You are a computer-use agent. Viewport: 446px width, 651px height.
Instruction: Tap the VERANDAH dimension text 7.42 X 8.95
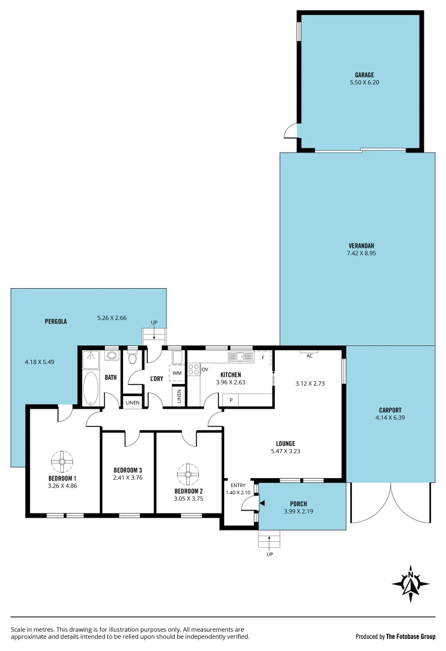(361, 253)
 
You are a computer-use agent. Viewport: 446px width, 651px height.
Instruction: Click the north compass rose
(410, 583)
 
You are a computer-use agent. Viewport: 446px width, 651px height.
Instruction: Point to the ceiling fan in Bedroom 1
(61, 462)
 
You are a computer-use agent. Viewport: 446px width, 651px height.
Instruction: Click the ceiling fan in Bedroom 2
(188, 474)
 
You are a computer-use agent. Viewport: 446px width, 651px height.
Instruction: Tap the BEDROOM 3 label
(128, 470)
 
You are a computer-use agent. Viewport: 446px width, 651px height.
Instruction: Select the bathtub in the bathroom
(91, 388)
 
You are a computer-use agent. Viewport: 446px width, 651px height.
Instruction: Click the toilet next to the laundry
(133, 359)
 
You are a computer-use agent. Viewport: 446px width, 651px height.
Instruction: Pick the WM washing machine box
(177, 373)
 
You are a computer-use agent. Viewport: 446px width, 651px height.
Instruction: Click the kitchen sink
(240, 357)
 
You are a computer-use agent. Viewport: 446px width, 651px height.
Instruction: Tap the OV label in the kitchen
(205, 369)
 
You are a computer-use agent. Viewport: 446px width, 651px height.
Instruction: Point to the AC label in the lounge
(310, 356)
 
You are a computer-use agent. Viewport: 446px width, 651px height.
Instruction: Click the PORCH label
(298, 504)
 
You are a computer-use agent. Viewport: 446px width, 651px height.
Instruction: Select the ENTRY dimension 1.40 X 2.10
(239, 492)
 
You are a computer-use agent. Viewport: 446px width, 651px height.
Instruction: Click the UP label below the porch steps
(269, 554)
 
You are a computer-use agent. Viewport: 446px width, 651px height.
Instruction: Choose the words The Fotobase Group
(410, 636)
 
